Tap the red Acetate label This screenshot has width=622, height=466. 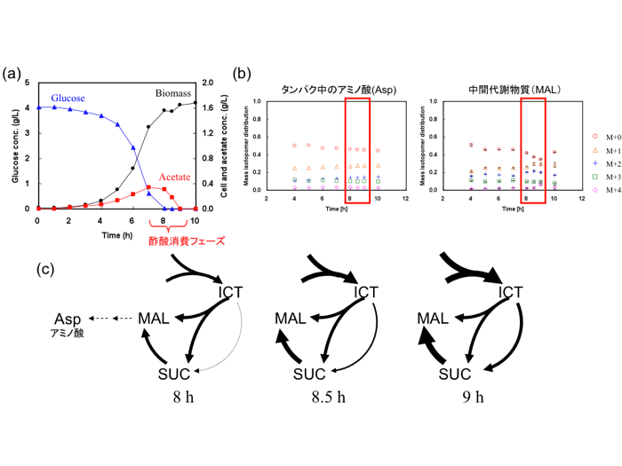(x=174, y=178)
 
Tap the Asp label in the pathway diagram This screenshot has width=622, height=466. (x=68, y=320)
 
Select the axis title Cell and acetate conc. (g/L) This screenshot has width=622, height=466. (x=224, y=147)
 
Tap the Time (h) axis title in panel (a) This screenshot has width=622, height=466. (x=116, y=235)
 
